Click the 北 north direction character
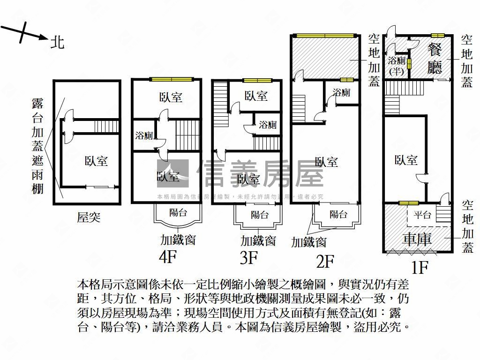[57, 43]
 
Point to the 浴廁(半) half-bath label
[397, 66]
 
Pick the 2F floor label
[325, 261]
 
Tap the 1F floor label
[420, 267]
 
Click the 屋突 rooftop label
[89, 217]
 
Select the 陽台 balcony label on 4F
[178, 212]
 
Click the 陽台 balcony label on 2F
[338, 214]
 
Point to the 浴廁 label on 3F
[268, 125]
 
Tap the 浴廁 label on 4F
[144, 136]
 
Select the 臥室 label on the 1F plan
[406, 160]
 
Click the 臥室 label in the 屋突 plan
[96, 161]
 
